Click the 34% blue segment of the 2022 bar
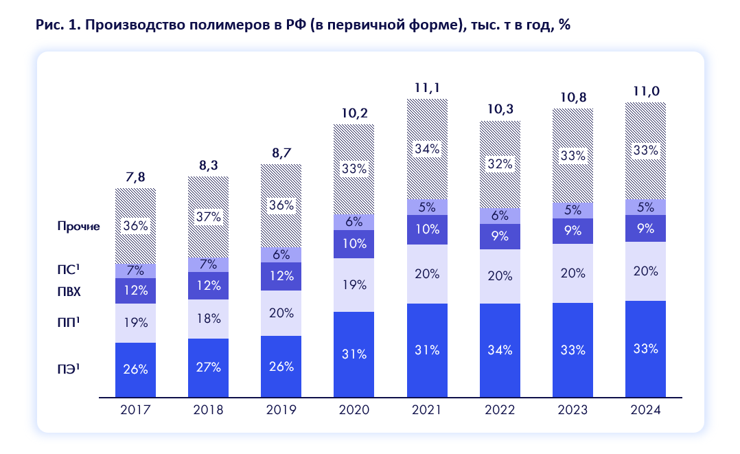(x=500, y=350)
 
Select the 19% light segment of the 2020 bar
(x=354, y=285)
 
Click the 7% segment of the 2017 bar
(x=135, y=271)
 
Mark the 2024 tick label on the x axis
(x=645, y=410)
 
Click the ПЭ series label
(x=69, y=369)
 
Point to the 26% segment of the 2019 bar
(x=281, y=366)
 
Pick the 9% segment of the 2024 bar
(x=645, y=229)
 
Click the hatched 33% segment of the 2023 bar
(x=573, y=155)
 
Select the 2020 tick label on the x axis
(x=354, y=410)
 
